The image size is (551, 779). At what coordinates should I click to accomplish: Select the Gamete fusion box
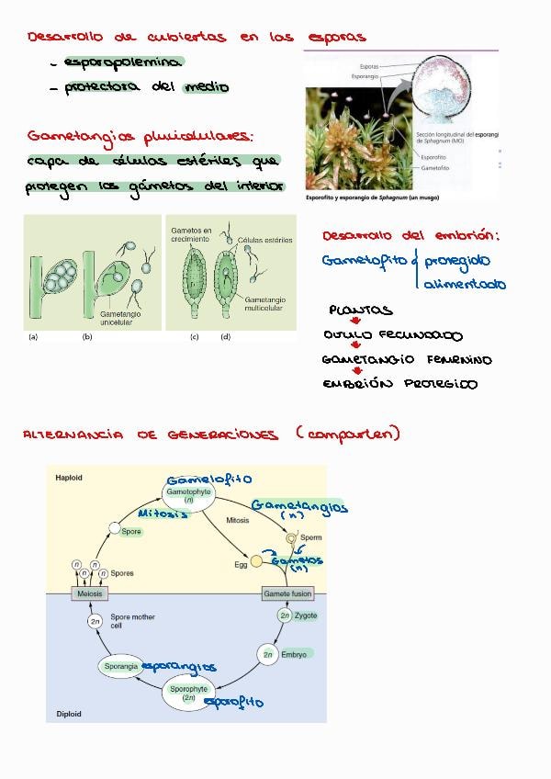pyautogui.click(x=288, y=593)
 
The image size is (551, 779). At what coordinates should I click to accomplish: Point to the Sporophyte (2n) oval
pyautogui.click(x=189, y=693)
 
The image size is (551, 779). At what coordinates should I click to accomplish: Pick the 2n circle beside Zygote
pyautogui.click(x=285, y=616)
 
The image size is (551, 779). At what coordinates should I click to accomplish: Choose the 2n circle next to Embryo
pyautogui.click(x=268, y=654)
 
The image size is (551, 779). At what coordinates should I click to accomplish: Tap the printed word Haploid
pyautogui.click(x=69, y=479)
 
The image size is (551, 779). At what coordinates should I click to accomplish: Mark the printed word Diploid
pyautogui.click(x=69, y=714)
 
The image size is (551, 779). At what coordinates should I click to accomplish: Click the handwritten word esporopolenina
pyautogui.click(x=122, y=62)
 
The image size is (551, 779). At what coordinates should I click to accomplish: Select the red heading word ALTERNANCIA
pyautogui.click(x=73, y=435)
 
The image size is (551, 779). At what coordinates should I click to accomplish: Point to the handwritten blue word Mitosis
pyautogui.click(x=163, y=514)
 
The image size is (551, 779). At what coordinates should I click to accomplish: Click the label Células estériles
pyautogui.click(x=264, y=240)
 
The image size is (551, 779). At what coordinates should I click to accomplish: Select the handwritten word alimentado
pyautogui.click(x=464, y=285)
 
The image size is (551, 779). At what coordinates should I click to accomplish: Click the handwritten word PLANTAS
pyautogui.click(x=360, y=310)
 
